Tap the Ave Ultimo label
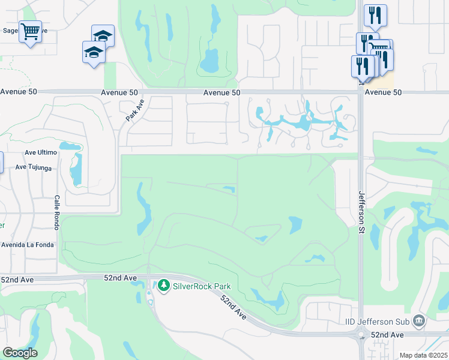[x=41, y=153]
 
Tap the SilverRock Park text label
[x=202, y=286]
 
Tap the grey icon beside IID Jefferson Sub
[x=419, y=322]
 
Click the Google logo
[x=20, y=353]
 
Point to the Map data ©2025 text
[x=423, y=355]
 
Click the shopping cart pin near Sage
[x=29, y=31]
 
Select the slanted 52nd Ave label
[x=233, y=307]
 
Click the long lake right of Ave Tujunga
[x=76, y=170]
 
